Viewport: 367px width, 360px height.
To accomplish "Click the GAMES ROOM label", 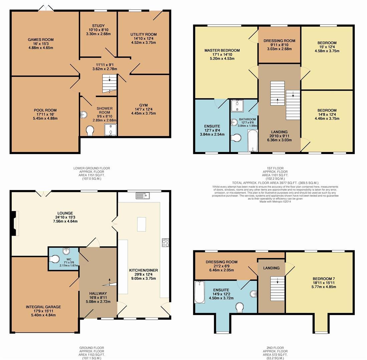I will [41, 40].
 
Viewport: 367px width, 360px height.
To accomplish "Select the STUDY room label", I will [98, 26].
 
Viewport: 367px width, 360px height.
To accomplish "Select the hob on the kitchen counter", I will [165, 243].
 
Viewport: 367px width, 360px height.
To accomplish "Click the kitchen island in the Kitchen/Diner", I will [141, 224].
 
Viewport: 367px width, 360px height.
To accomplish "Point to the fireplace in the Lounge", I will [15, 223].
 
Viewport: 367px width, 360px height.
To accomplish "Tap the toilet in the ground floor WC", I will [54, 259].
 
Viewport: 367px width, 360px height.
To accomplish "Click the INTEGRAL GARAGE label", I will [43, 307].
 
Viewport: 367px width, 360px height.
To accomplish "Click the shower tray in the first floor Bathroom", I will [237, 105].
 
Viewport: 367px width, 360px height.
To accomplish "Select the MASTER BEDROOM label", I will [222, 51].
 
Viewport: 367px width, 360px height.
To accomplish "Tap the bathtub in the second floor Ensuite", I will [200, 292].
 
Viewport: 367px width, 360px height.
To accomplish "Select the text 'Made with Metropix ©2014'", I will [275, 201].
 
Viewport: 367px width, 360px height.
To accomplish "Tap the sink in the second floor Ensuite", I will [253, 294].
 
